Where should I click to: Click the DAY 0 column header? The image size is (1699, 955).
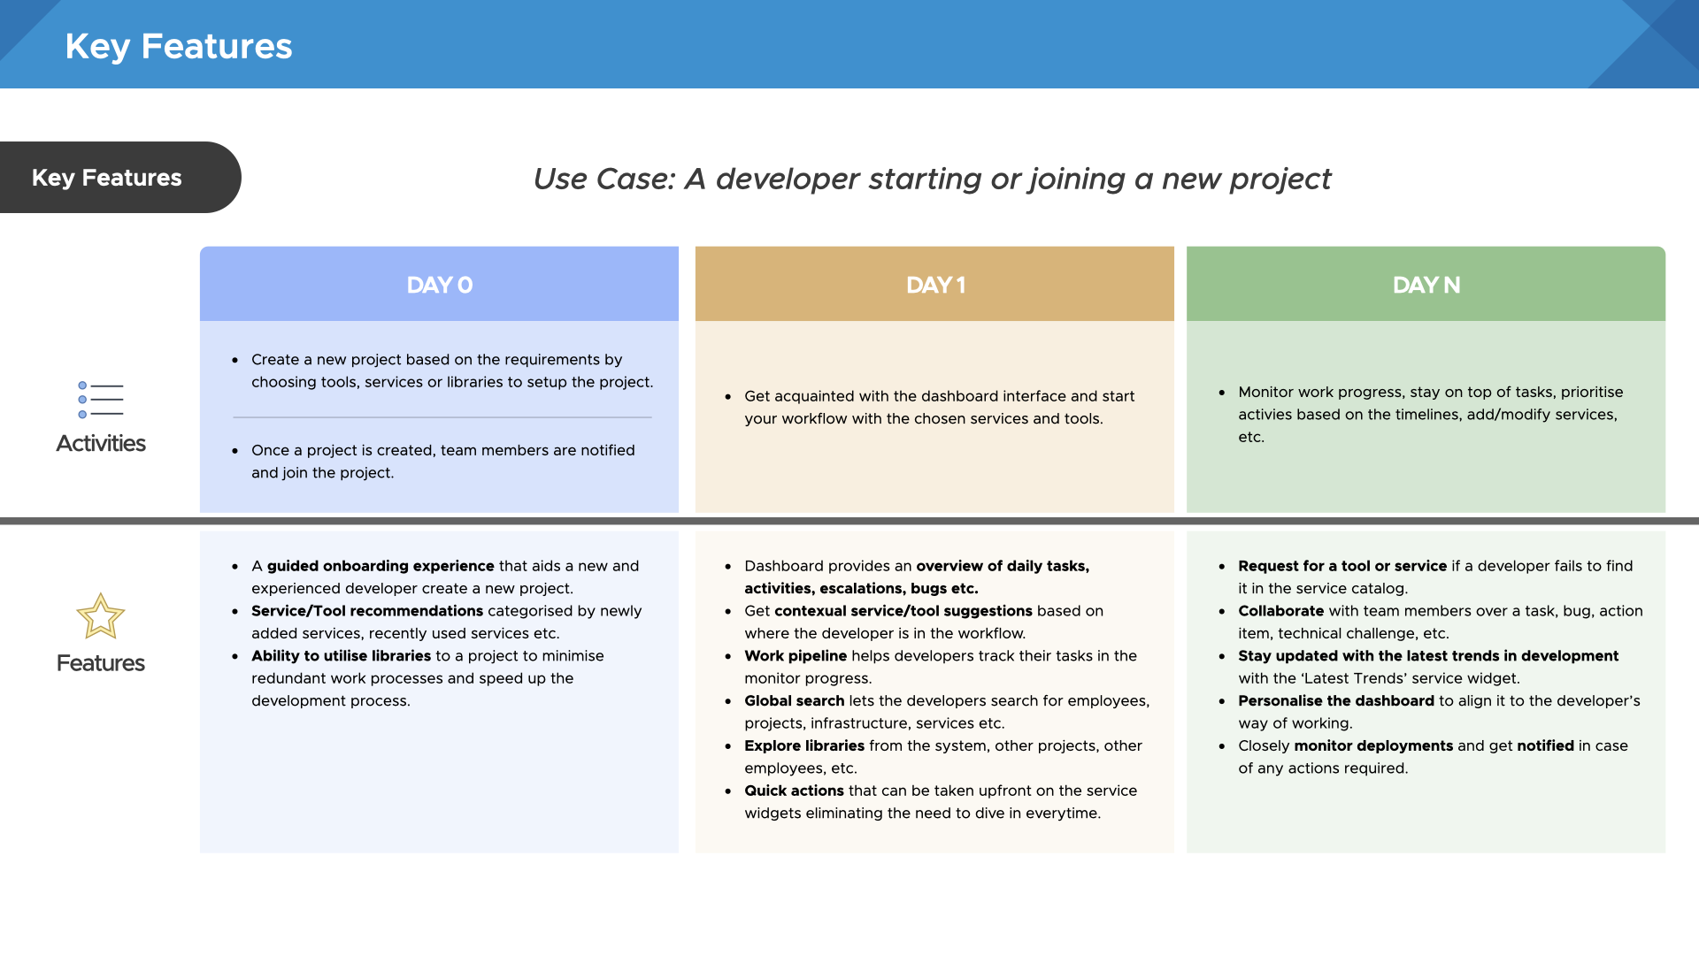click(x=439, y=285)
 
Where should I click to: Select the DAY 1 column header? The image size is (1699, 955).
click(x=934, y=285)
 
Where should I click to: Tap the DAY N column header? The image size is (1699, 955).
click(x=1426, y=285)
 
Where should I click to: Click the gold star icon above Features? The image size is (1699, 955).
click(x=100, y=616)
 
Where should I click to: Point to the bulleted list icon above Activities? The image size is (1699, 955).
click(x=100, y=400)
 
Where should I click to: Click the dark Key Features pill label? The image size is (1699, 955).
click(x=107, y=178)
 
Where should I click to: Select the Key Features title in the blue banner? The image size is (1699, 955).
click(x=178, y=46)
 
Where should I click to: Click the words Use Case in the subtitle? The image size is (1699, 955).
click(x=603, y=180)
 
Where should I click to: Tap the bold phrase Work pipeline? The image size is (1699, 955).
click(x=795, y=656)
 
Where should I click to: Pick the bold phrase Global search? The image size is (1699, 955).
click(x=794, y=701)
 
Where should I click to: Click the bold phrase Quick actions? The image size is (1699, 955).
click(x=794, y=791)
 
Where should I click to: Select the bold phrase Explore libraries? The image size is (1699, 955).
click(x=803, y=745)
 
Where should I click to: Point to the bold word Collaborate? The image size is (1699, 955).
click(x=1280, y=611)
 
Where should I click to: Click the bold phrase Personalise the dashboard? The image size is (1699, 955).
click(x=1335, y=701)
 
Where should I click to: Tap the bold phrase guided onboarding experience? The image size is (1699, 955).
click(x=381, y=566)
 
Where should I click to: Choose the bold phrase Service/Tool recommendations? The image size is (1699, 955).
click(x=367, y=611)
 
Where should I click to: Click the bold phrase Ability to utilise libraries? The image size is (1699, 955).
click(x=341, y=656)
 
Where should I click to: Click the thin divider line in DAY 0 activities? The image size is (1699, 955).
click(x=442, y=417)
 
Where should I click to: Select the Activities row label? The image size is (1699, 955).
click(x=100, y=443)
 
